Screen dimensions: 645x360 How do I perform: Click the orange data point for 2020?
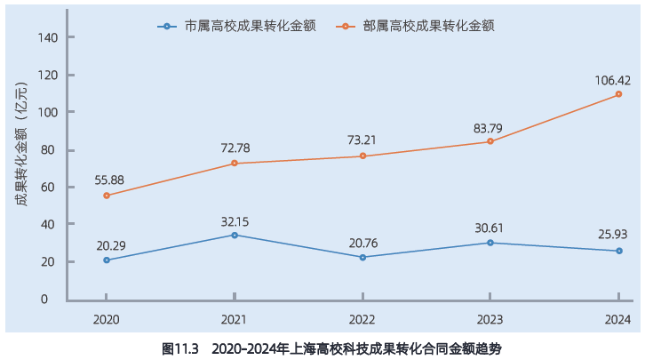tap(107, 196)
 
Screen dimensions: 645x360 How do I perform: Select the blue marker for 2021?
tap(235, 236)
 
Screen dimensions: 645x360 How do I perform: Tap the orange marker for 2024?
tap(618, 94)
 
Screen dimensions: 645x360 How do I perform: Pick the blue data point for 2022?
tap(362, 258)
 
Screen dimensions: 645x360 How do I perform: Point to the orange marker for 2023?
tap(490, 141)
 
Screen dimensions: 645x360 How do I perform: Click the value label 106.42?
tap(612, 80)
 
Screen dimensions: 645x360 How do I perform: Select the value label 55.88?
tap(109, 180)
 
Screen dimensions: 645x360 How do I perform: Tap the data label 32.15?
tap(235, 222)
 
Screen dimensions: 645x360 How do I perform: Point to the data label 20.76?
tap(363, 244)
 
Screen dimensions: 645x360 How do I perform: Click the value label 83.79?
tap(488, 129)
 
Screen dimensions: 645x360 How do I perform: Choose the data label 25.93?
tap(613, 235)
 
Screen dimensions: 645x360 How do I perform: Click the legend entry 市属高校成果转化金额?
tap(236, 27)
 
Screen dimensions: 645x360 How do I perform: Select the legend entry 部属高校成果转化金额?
tap(415, 27)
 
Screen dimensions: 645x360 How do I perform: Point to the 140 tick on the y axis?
tap(48, 38)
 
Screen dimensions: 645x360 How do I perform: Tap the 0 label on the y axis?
tap(44, 300)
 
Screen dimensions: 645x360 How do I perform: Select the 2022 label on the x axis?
tap(362, 320)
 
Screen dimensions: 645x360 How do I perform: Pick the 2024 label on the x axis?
tap(617, 320)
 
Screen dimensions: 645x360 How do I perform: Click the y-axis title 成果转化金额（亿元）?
tap(21, 144)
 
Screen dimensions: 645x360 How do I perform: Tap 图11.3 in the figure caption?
tap(180, 349)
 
